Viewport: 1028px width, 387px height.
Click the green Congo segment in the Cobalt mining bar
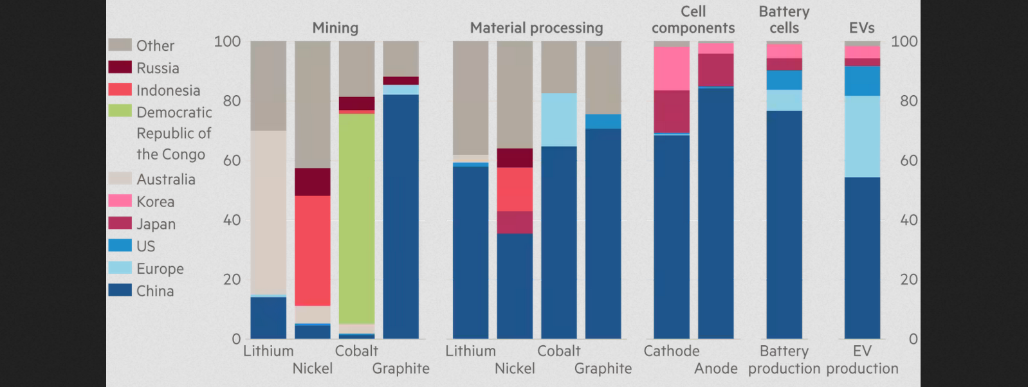[x=356, y=219]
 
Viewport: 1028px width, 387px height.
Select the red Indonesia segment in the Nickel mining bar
[x=313, y=251]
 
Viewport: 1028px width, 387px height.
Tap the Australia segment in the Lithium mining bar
[x=268, y=213]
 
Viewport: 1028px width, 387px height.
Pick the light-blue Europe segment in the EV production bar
[x=862, y=136]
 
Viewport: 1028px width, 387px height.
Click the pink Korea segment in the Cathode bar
[x=672, y=69]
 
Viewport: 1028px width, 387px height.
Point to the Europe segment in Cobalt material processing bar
[x=559, y=120]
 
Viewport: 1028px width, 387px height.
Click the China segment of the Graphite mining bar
[x=401, y=217]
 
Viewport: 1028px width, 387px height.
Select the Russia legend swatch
[x=120, y=67]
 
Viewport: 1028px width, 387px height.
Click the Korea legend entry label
[x=156, y=202]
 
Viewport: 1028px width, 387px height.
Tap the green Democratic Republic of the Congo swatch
[x=120, y=111]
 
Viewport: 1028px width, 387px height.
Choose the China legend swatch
[x=120, y=290]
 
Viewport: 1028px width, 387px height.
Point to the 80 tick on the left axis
[x=232, y=101]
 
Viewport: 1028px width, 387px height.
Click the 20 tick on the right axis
[x=908, y=280]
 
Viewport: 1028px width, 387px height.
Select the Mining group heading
[x=335, y=28]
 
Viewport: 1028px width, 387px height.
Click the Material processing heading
[x=537, y=28]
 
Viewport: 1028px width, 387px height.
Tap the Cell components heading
[x=693, y=20]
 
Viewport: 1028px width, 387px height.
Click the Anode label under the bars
[x=716, y=369]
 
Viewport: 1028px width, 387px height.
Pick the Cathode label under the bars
[x=672, y=351]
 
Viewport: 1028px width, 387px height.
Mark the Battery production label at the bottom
[x=784, y=360]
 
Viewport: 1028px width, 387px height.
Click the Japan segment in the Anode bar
[x=716, y=70]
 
